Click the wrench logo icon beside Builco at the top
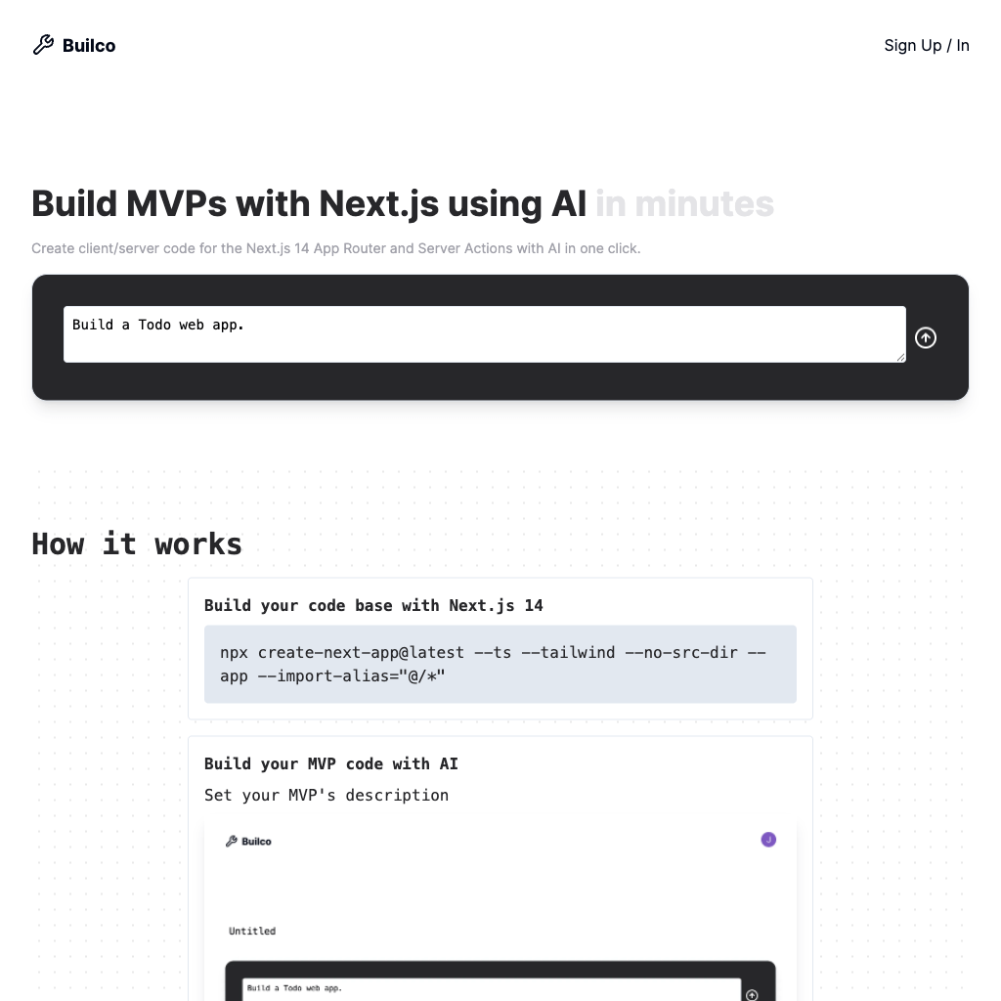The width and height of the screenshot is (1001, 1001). (43, 45)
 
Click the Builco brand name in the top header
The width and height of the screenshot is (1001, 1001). (89, 46)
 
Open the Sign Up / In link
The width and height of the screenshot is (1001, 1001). (926, 45)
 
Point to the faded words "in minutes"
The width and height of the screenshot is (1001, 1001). (684, 203)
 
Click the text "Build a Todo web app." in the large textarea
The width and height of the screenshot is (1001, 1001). (158, 325)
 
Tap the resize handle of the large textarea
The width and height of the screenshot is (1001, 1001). (900, 357)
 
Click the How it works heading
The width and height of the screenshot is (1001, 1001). (137, 544)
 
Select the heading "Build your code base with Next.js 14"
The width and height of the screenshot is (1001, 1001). (373, 605)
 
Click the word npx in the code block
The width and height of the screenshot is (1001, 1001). (235, 652)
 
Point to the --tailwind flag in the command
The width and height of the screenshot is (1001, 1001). (577, 652)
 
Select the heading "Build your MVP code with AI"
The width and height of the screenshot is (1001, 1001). (331, 763)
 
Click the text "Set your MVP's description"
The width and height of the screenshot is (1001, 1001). (326, 795)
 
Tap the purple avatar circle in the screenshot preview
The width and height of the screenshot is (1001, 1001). (768, 840)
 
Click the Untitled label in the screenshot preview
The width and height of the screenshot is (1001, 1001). (252, 931)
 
